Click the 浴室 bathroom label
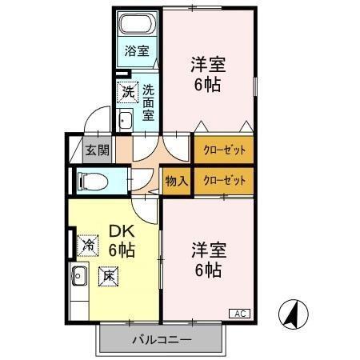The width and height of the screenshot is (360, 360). [x=137, y=51]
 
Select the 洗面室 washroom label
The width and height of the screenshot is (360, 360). [x=149, y=102]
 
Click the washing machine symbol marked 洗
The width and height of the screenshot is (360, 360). [x=128, y=92]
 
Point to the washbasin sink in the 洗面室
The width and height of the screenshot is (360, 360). [x=126, y=121]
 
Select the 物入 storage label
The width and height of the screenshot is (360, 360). [x=176, y=181]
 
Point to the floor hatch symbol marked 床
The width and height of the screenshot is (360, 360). [x=108, y=275]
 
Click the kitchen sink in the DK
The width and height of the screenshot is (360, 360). [x=78, y=279]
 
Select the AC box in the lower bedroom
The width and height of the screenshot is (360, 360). [x=241, y=312]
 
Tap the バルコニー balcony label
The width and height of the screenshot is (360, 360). [x=161, y=340]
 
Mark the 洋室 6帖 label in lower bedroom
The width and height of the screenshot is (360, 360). [x=206, y=258]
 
